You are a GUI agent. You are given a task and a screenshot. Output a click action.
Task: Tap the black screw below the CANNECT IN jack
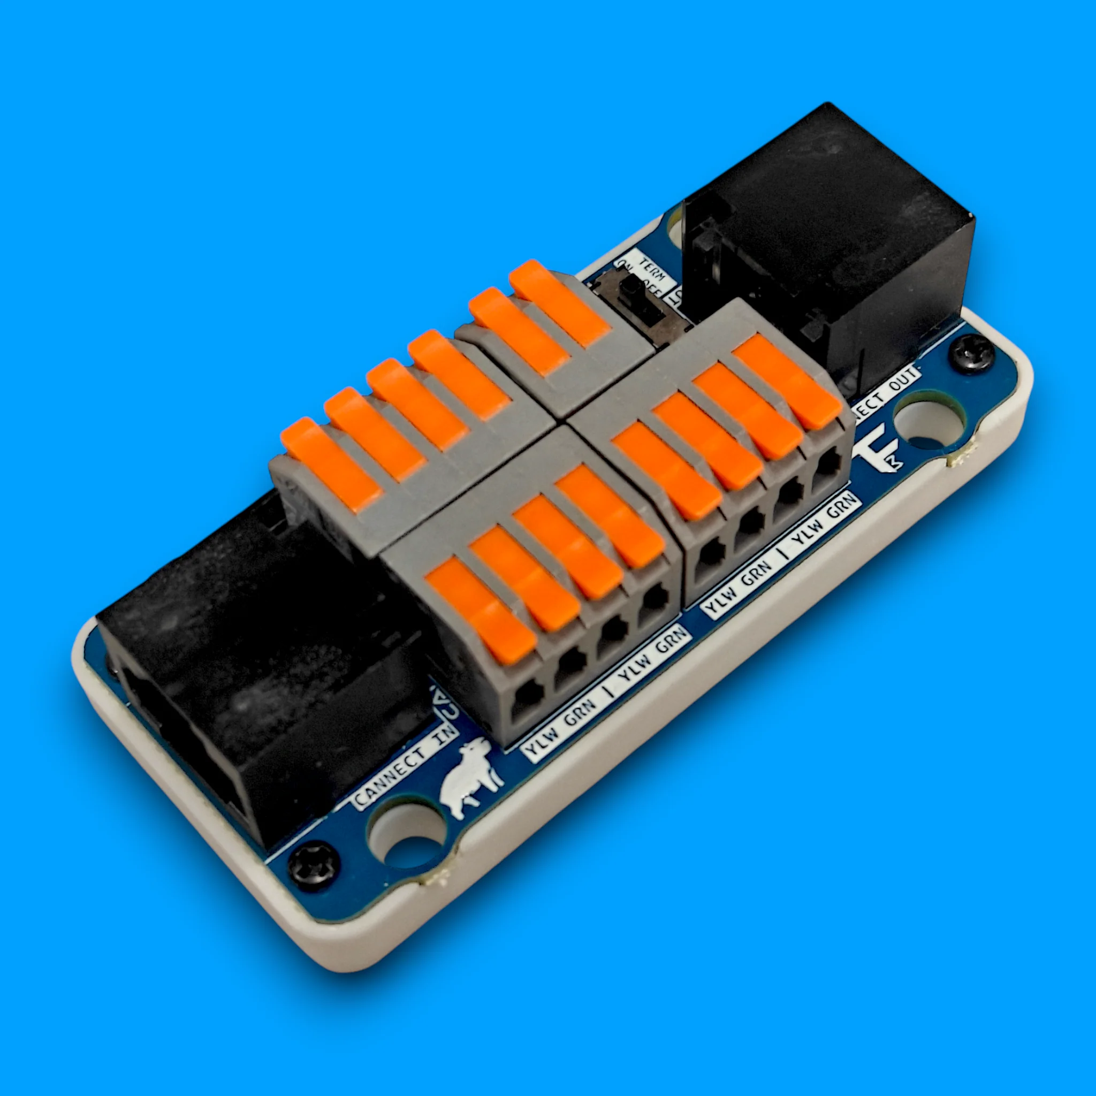[x=313, y=867]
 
